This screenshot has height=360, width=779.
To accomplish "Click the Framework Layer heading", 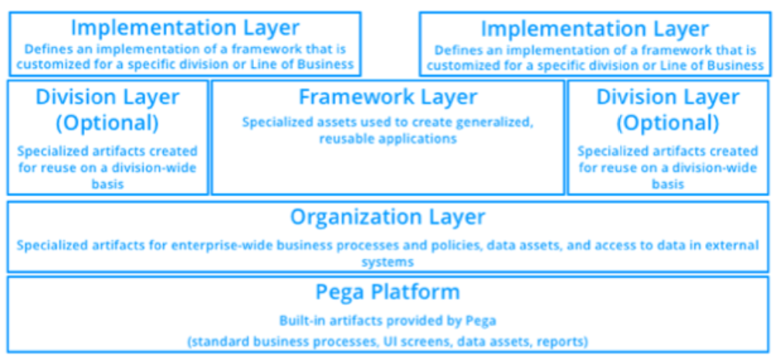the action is click(388, 97).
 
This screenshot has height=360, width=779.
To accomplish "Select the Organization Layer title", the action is click(388, 217).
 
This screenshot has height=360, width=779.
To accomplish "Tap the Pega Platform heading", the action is click(388, 292).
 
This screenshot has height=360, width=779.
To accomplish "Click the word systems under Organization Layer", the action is click(388, 262).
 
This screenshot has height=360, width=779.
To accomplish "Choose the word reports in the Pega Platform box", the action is click(567, 342).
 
